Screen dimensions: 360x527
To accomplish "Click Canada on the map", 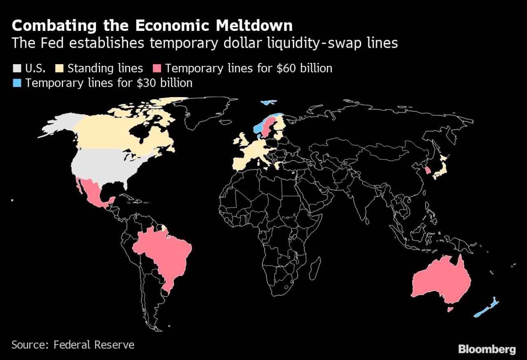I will (x=115, y=132).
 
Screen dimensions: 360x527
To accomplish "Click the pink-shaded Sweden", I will (x=268, y=126).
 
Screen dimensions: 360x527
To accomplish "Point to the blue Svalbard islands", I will (x=268, y=102).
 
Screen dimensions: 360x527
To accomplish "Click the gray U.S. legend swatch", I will (x=17, y=68).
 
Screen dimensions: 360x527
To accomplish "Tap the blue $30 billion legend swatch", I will (x=17, y=83).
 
